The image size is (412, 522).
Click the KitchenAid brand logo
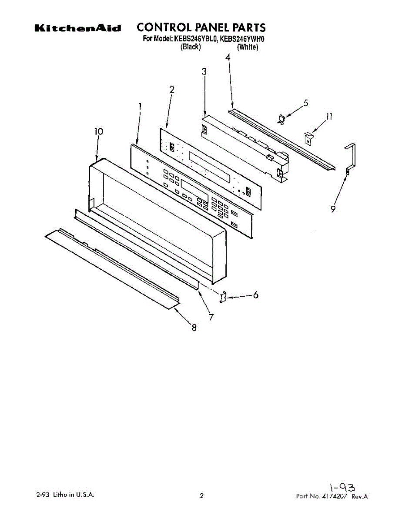click(77, 29)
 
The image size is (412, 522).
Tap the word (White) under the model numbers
click(247, 47)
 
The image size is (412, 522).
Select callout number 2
click(172, 90)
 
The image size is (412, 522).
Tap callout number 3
click(204, 73)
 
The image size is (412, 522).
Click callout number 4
click(228, 57)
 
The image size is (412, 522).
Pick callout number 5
click(306, 103)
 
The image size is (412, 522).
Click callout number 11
click(329, 116)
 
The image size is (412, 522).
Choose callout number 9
click(333, 209)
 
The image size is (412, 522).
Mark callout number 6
click(256, 295)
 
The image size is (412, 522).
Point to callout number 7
click(211, 317)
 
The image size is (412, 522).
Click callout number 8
click(194, 328)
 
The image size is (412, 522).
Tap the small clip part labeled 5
click(281, 119)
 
